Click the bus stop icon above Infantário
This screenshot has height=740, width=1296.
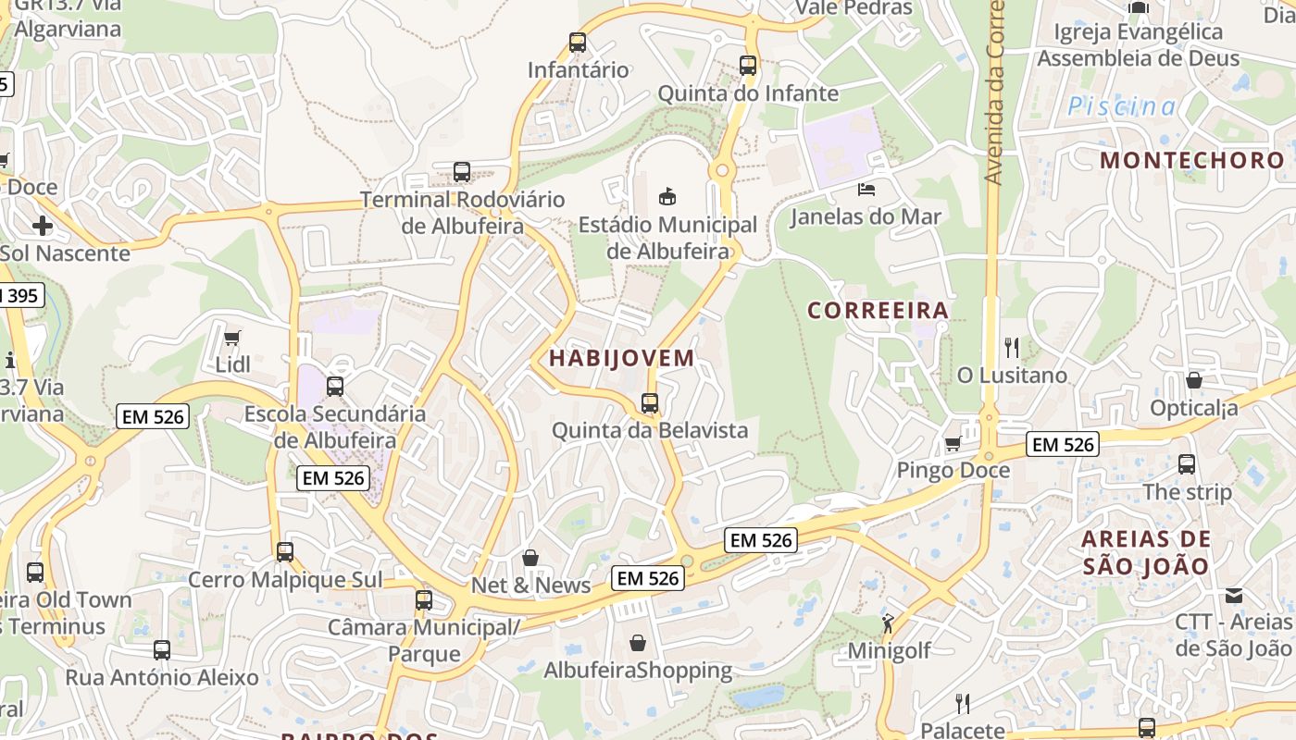[x=578, y=42]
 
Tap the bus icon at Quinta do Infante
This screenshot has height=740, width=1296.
[x=748, y=66]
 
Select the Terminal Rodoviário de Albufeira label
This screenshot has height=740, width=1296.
[x=462, y=213]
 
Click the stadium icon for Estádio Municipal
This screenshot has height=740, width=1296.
[x=667, y=196]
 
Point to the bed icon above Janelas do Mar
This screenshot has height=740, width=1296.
[x=866, y=190]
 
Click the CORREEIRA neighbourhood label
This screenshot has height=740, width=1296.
[x=879, y=310]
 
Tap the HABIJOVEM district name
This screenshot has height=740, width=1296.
[x=621, y=358]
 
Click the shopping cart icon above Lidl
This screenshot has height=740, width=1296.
[x=232, y=338]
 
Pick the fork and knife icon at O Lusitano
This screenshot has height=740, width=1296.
[x=1012, y=348]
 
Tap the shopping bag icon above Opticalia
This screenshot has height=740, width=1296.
[x=1194, y=380]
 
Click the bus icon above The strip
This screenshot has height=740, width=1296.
[x=1187, y=464]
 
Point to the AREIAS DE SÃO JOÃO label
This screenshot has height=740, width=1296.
[x=1146, y=552]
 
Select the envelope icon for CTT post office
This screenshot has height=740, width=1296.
[x=1234, y=596]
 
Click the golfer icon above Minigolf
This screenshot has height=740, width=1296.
[x=889, y=623]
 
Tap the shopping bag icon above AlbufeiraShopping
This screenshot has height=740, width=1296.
[x=638, y=642]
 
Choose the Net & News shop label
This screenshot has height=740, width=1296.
[x=530, y=585]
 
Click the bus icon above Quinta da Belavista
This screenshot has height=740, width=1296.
[x=650, y=403]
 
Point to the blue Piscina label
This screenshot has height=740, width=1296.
[x=1122, y=106]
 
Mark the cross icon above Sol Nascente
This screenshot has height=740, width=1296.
[x=43, y=225]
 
